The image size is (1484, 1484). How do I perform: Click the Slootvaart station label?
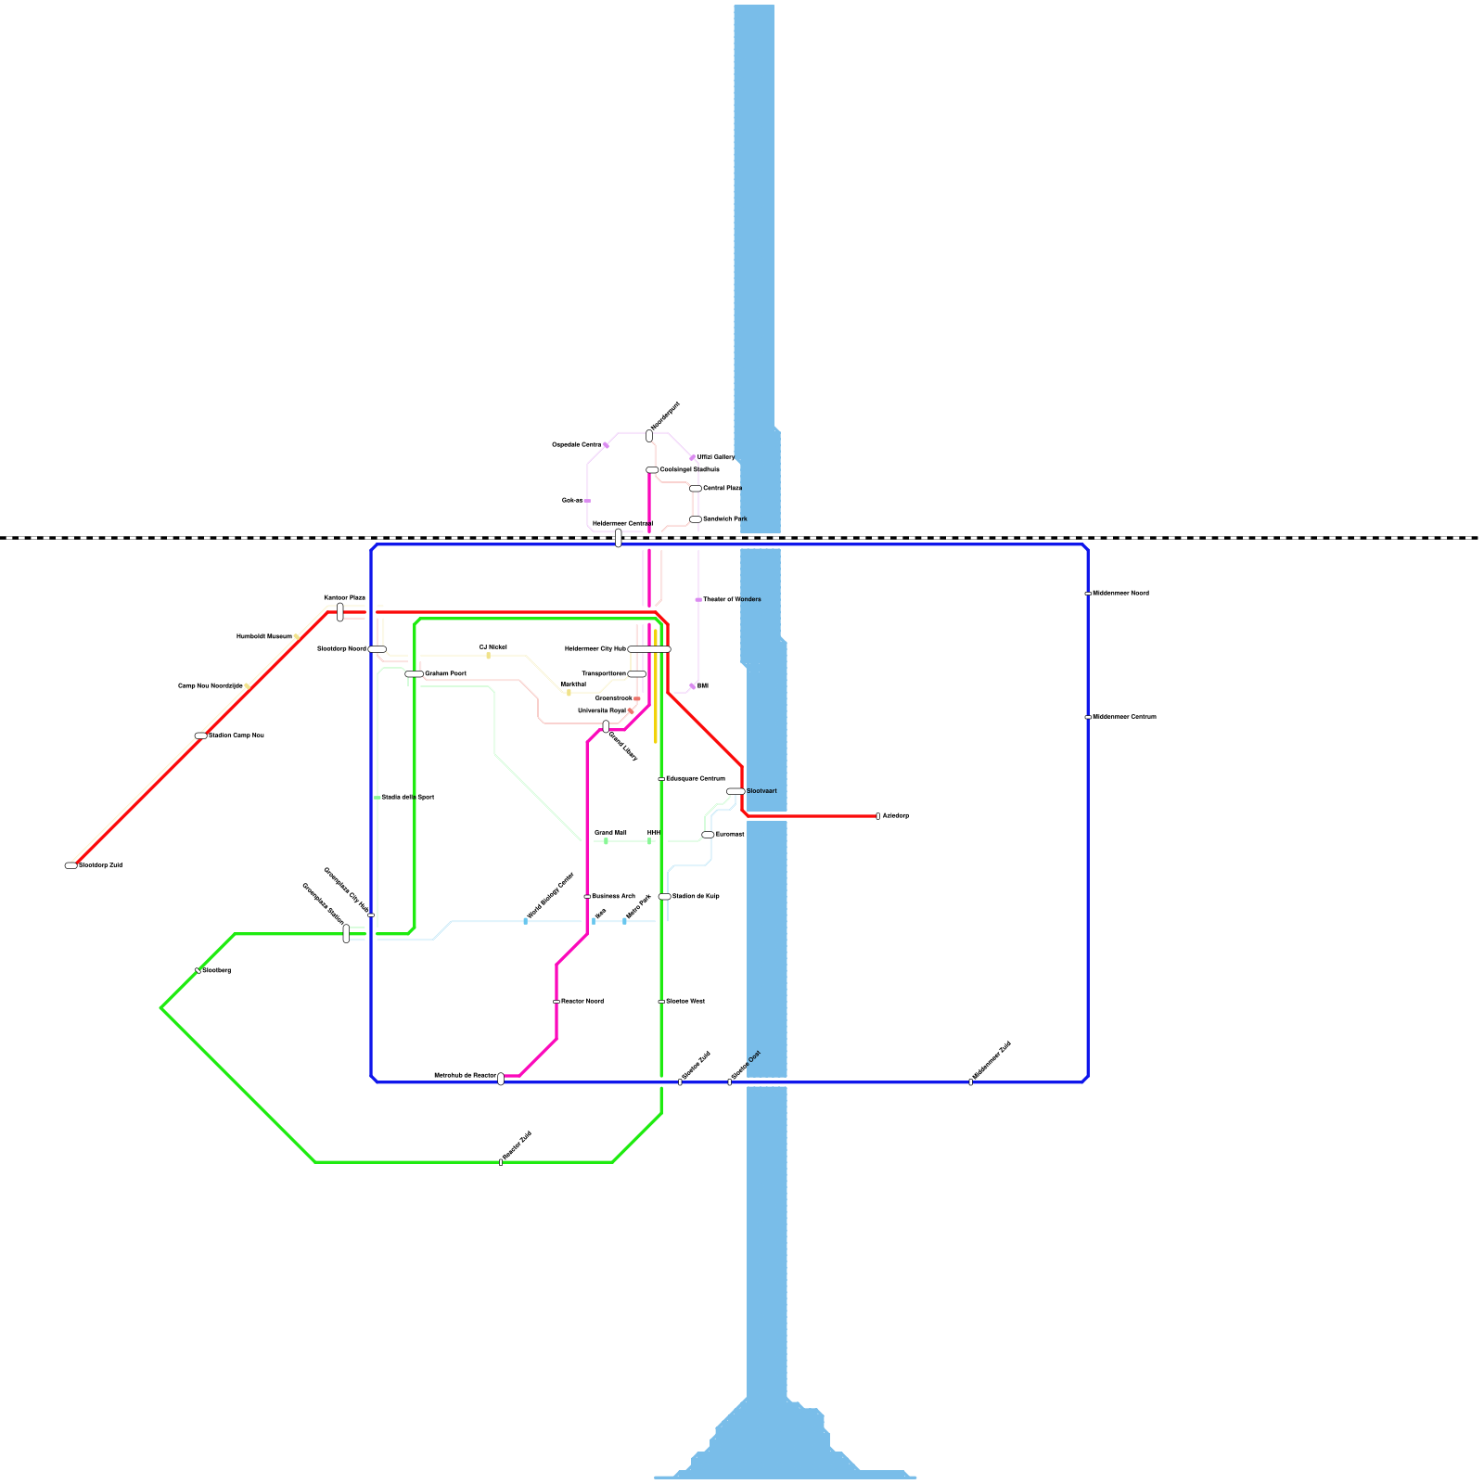[761, 791]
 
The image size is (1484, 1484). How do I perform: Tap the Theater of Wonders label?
[732, 600]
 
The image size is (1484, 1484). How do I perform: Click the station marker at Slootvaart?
[736, 791]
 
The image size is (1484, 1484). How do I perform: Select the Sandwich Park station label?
[724, 519]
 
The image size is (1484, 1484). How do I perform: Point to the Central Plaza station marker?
[696, 489]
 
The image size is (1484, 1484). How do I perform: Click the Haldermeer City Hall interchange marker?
[649, 649]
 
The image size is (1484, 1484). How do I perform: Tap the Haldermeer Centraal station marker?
[619, 538]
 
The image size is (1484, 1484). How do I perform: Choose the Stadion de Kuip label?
[696, 897]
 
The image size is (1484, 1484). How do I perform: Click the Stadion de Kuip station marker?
[664, 897]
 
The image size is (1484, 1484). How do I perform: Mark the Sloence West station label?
[685, 1002]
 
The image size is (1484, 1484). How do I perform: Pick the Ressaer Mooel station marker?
[556, 1002]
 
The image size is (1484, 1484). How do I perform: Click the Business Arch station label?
[613, 897]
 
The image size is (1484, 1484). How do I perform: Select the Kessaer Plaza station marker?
[340, 612]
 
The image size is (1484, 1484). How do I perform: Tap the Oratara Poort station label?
[445, 674]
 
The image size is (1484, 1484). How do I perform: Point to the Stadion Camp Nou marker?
[201, 736]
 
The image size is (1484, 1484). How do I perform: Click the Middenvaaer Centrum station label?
[1124, 717]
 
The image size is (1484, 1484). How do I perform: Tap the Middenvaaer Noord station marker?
[1087, 594]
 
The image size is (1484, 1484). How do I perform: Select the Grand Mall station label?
[610, 833]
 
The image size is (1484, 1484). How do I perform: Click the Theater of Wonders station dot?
[697, 600]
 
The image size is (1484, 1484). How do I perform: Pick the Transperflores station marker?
[636, 674]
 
